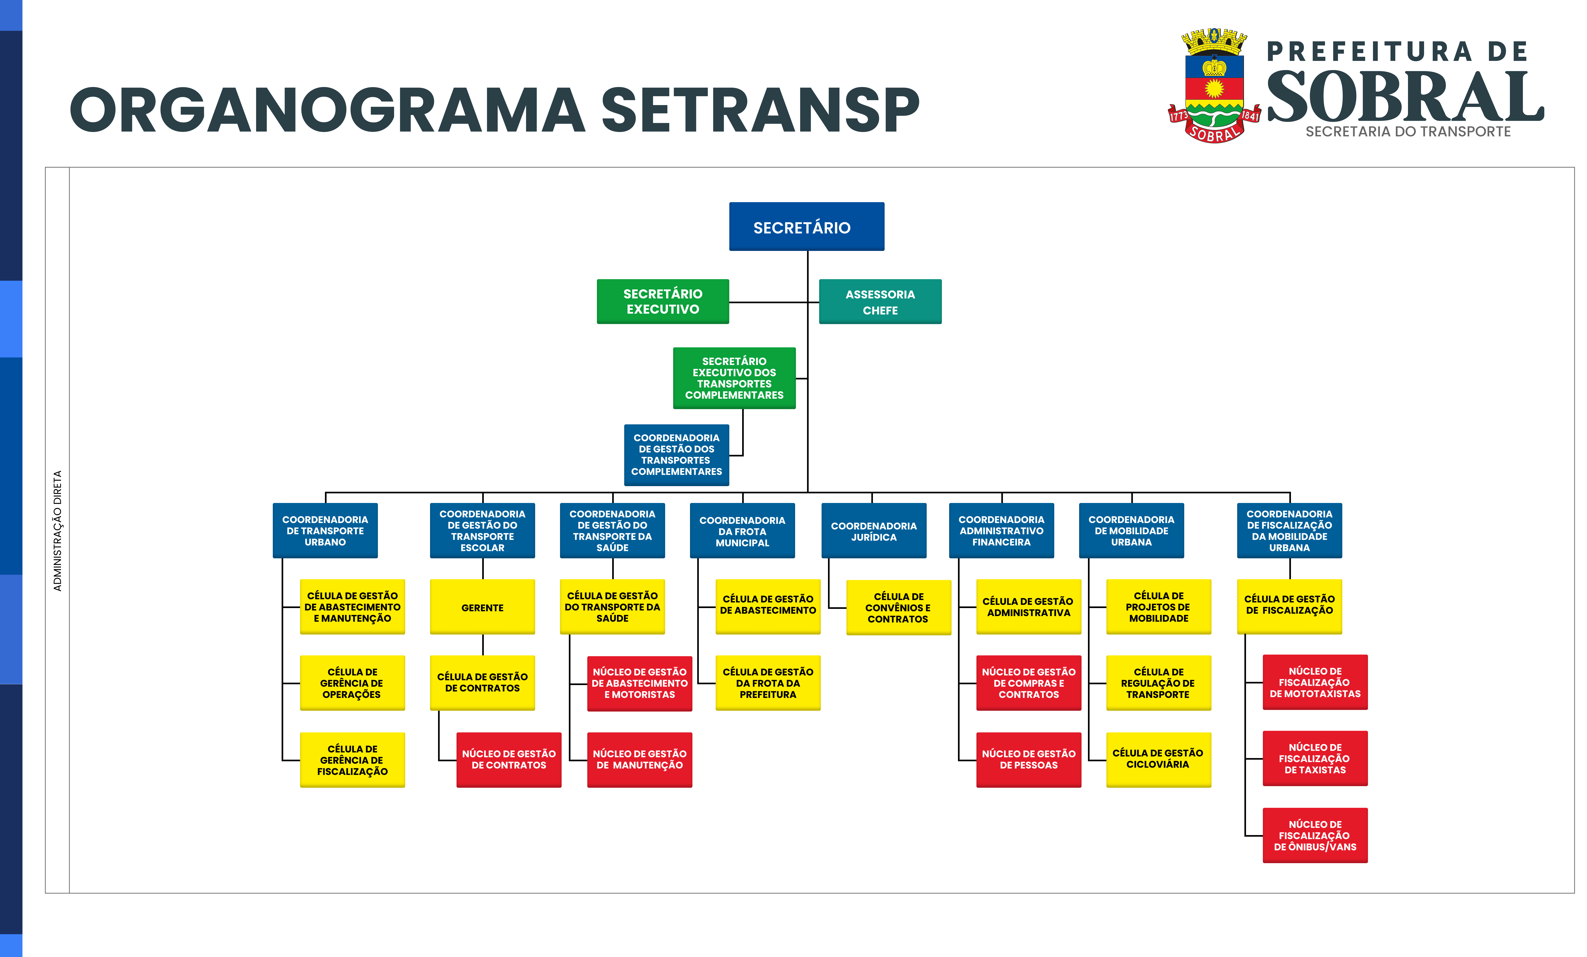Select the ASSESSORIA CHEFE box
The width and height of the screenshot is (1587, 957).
(x=880, y=301)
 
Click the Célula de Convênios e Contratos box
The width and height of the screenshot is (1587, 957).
(x=898, y=607)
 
